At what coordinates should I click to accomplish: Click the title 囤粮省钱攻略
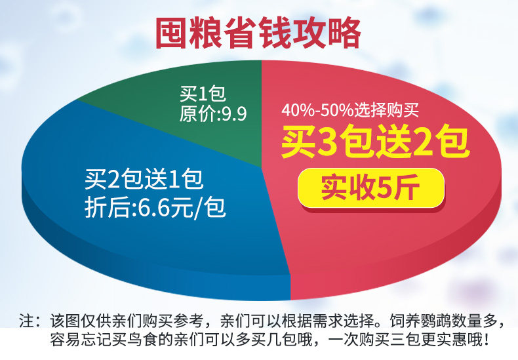pyautogui.click(x=258, y=33)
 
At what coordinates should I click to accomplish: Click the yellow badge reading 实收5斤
pyautogui.click(x=370, y=188)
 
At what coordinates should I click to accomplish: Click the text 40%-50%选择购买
pyautogui.click(x=350, y=110)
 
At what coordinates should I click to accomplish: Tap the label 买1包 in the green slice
pyautogui.click(x=203, y=94)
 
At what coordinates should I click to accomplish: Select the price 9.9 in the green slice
pyautogui.click(x=233, y=114)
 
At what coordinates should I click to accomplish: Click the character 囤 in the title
pyautogui.click(x=171, y=33)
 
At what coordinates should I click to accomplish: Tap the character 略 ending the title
pyautogui.click(x=344, y=33)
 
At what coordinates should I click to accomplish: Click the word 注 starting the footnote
pyautogui.click(x=26, y=321)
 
